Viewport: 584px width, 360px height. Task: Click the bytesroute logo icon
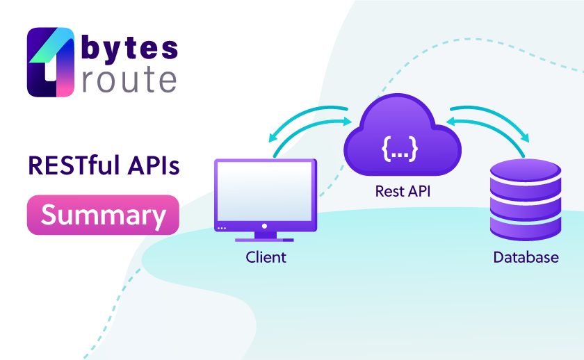click(51, 62)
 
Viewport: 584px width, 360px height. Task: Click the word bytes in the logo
click(129, 49)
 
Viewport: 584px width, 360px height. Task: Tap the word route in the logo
click(129, 80)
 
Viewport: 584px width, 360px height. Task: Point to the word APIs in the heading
click(154, 165)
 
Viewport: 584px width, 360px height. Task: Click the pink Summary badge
click(103, 215)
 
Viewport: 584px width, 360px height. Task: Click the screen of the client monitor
click(265, 191)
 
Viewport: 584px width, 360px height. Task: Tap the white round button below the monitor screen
click(264, 226)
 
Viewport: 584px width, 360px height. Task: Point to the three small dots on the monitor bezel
click(222, 228)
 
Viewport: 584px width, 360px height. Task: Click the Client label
click(266, 257)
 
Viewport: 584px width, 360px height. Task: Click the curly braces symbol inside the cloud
click(400, 149)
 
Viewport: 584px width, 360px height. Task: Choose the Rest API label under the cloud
click(403, 191)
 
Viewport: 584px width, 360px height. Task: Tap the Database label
click(526, 257)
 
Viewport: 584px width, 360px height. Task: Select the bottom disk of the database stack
click(526, 228)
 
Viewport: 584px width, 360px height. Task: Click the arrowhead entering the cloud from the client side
click(348, 122)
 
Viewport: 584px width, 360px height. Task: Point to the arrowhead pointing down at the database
click(525, 138)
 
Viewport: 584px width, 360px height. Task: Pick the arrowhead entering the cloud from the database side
click(451, 122)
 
